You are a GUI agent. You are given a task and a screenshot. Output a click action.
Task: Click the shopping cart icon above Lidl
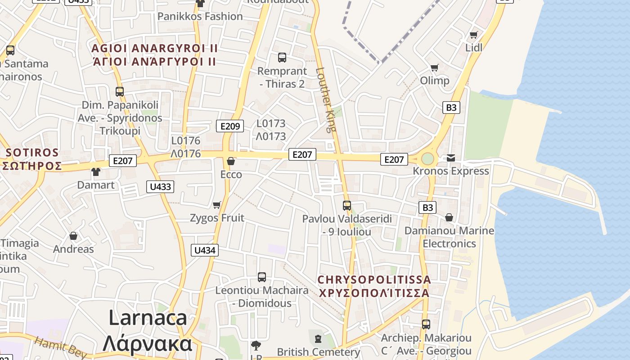click(x=473, y=35)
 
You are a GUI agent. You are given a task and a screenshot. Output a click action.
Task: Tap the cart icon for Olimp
click(x=434, y=67)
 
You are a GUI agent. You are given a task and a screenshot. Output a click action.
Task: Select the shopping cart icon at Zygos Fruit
click(x=216, y=205)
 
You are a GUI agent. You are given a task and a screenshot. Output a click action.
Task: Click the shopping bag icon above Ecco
click(x=231, y=161)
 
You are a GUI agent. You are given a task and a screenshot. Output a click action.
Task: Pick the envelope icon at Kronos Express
click(x=451, y=157)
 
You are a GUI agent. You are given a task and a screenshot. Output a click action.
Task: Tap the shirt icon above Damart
click(x=96, y=171)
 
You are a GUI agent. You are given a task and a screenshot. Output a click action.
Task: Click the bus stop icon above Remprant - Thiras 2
click(x=282, y=58)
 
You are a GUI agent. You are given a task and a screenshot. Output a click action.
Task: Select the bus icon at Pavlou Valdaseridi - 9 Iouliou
click(x=347, y=206)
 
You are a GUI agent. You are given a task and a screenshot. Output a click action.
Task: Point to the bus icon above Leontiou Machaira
click(x=262, y=277)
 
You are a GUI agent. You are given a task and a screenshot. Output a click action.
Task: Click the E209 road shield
click(x=230, y=126)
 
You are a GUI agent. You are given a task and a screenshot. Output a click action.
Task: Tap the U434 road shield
click(x=205, y=250)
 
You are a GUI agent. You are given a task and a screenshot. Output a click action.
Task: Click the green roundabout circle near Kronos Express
click(x=427, y=158)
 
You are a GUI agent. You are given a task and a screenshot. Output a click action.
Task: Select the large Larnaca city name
click(x=148, y=318)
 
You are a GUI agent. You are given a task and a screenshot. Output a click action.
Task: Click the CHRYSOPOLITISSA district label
click(x=374, y=280)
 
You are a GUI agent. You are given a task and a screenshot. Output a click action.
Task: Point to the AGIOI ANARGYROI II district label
click(x=155, y=48)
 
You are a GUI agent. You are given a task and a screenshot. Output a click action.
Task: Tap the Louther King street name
click(x=327, y=99)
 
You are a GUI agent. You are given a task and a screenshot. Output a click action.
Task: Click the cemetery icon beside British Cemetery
click(x=318, y=338)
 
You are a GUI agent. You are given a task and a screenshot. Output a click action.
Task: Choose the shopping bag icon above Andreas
click(x=73, y=236)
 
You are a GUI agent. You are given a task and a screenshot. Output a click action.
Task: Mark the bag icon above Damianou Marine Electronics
click(x=449, y=218)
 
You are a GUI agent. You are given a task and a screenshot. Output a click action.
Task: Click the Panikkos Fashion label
click(x=200, y=17)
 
